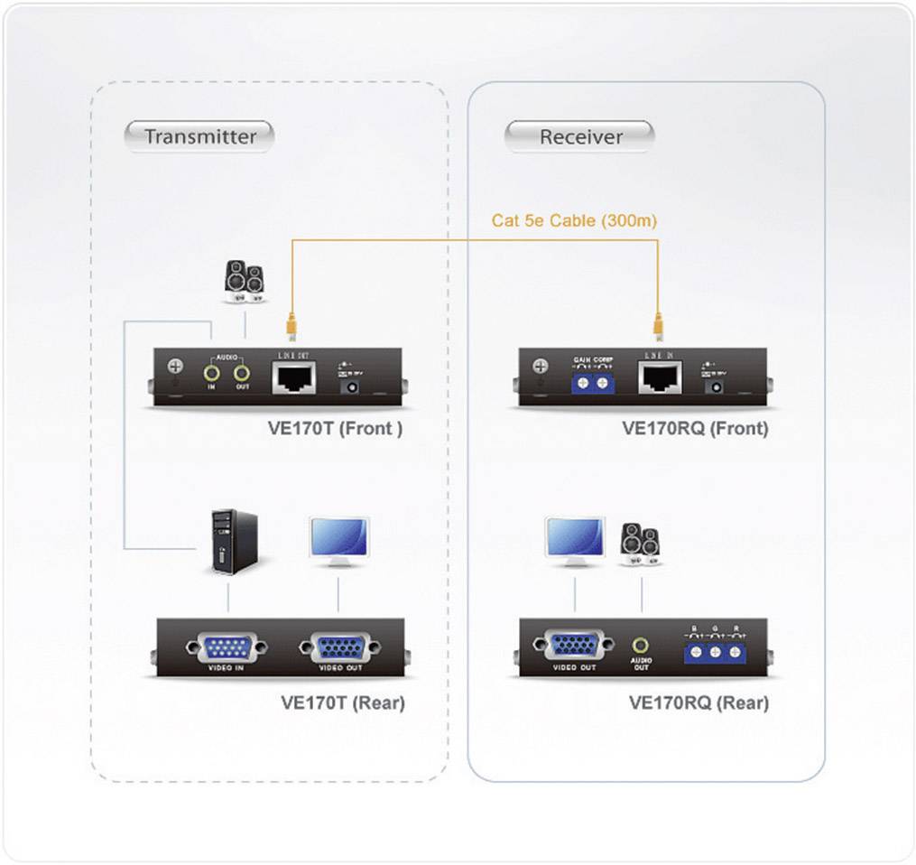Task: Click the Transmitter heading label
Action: (x=199, y=136)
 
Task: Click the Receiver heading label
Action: (x=580, y=137)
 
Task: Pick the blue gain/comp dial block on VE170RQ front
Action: (x=592, y=383)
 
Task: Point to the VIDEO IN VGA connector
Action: (x=226, y=647)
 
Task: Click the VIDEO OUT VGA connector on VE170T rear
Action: (x=338, y=647)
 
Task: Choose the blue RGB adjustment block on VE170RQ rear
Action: (x=716, y=650)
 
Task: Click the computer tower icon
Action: (x=233, y=542)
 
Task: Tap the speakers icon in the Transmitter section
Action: (x=245, y=280)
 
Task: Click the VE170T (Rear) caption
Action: (x=342, y=702)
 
